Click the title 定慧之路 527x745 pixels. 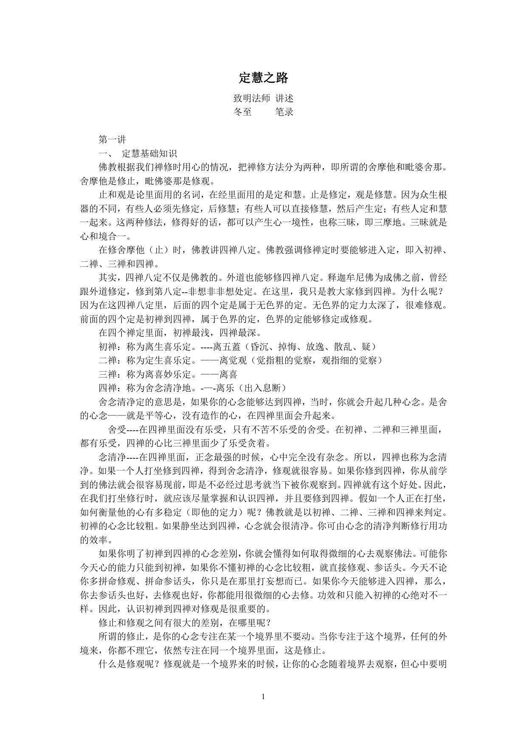coord(263,78)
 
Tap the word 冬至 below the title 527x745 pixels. coord(242,112)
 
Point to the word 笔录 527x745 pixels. coord(284,112)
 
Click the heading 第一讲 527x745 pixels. coord(112,139)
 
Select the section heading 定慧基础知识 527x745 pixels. coord(149,153)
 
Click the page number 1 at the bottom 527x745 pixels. coord(263,696)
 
